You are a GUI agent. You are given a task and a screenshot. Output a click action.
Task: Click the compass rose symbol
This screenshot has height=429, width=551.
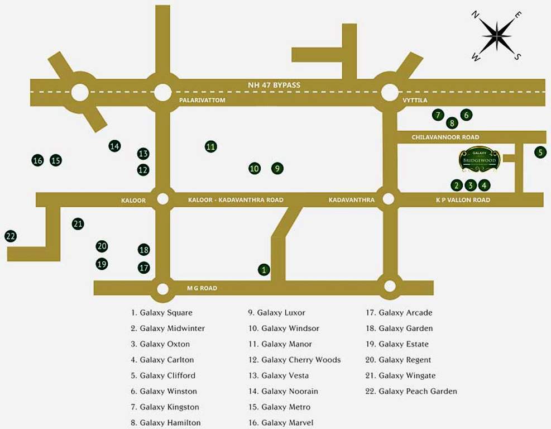point(496,36)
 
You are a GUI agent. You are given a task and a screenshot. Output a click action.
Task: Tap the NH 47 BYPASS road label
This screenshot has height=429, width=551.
point(274,85)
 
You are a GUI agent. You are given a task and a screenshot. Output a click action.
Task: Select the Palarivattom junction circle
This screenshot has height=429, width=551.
point(162,92)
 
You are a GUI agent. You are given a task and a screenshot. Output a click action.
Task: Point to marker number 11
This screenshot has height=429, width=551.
point(210,147)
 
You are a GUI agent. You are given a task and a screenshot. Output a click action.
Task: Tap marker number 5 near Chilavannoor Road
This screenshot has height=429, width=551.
point(540,152)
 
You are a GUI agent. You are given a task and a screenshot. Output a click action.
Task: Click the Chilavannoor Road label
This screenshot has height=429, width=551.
point(445,137)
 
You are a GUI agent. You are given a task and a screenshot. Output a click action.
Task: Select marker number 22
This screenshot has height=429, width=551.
point(11,236)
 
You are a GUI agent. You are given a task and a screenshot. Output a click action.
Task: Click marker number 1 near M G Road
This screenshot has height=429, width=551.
point(264,270)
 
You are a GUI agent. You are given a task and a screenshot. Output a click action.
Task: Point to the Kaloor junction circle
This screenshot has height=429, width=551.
point(162,199)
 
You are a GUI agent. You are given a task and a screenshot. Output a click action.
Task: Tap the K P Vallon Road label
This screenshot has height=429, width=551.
point(463,200)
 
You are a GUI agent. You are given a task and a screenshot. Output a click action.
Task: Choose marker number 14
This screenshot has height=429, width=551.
point(114,146)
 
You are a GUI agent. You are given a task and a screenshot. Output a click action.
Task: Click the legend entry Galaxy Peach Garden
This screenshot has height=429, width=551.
point(411,391)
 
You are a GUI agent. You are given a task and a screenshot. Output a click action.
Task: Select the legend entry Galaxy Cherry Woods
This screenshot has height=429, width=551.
point(294,360)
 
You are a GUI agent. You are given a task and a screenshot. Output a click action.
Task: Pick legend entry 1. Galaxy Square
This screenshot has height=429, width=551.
point(162,313)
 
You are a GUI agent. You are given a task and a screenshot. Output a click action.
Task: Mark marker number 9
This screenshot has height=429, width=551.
point(277,168)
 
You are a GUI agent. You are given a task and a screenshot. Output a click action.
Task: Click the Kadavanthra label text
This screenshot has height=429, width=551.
point(351,200)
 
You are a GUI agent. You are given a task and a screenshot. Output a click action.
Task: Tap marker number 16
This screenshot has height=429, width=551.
point(37,161)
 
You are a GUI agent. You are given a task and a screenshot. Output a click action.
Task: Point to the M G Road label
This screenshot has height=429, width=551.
point(202,288)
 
